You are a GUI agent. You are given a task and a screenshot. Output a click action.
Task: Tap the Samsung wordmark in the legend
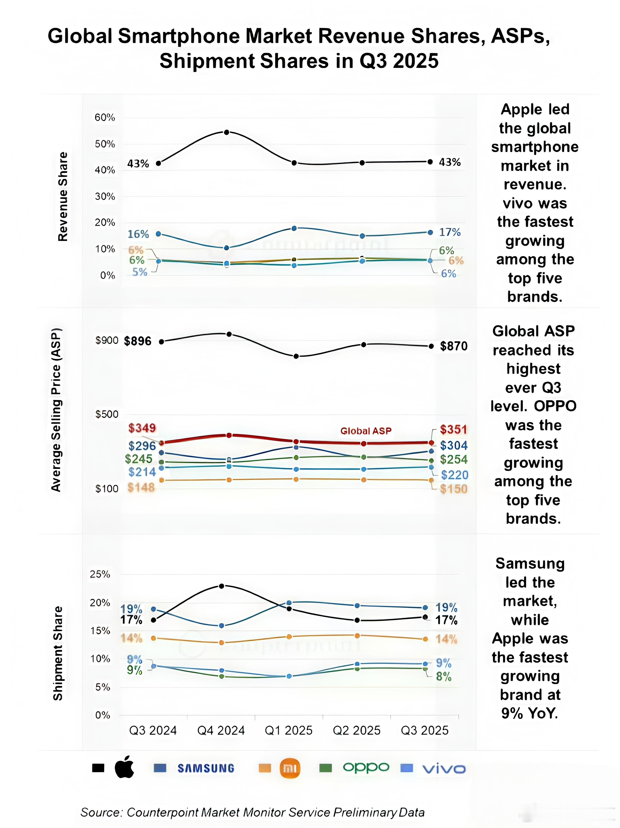click(206, 769)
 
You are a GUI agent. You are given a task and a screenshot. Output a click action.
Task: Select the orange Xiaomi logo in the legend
click(290, 769)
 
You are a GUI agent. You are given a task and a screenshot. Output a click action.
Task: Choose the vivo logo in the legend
click(444, 769)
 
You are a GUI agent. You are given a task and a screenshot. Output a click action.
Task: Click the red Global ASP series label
click(366, 431)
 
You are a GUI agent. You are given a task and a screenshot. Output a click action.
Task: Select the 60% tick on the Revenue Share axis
click(105, 117)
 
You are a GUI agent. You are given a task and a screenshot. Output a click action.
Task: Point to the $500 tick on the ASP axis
click(107, 414)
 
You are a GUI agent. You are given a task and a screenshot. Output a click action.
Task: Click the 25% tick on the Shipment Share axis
click(100, 574)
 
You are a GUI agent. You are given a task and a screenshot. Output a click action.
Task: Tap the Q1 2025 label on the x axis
click(289, 730)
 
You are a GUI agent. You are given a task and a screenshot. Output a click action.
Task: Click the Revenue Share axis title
click(63, 196)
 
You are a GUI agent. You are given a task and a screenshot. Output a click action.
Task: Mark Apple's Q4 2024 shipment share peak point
click(221, 586)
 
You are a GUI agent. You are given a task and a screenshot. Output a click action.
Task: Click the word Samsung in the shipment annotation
click(530, 564)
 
